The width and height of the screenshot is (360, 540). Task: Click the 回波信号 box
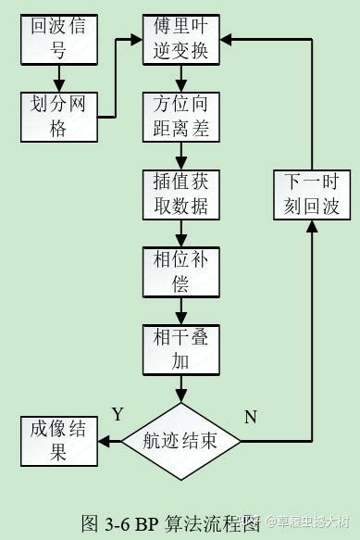click(58, 39)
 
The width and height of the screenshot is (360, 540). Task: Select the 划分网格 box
click(58, 117)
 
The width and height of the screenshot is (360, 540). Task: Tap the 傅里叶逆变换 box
click(181, 39)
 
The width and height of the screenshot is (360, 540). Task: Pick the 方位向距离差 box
click(181, 117)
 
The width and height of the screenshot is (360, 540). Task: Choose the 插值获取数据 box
click(181, 194)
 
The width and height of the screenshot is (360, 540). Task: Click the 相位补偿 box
click(181, 271)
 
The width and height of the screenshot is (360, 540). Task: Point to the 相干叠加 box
click(181, 349)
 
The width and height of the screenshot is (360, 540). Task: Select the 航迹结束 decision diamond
click(181, 441)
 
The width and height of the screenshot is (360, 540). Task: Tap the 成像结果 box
click(58, 441)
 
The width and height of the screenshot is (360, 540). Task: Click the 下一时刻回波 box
click(312, 194)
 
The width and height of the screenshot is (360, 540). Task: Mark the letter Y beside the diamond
click(118, 413)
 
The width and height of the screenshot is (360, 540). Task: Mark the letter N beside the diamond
click(250, 417)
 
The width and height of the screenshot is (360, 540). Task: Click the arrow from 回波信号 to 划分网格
click(58, 78)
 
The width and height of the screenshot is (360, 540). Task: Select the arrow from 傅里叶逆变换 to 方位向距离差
click(181, 78)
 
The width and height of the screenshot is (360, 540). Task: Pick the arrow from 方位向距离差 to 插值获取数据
click(181, 156)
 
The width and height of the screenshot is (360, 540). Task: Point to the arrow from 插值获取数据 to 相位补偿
click(181, 232)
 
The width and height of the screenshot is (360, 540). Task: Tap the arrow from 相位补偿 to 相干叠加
click(181, 310)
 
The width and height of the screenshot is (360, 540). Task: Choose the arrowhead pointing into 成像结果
click(104, 442)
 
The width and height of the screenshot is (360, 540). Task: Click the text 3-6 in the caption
click(116, 523)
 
